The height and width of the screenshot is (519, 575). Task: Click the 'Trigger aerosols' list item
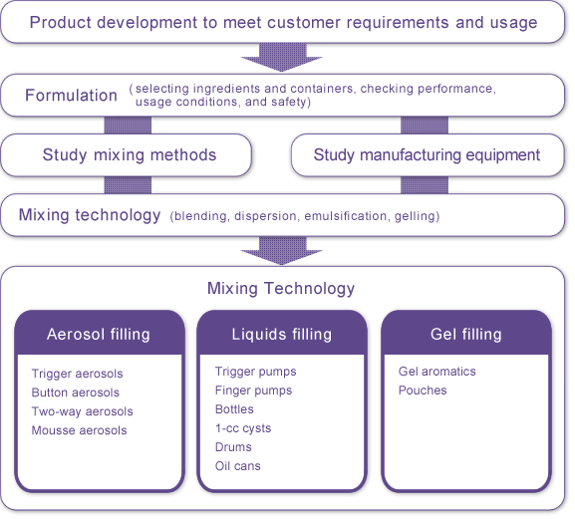(77, 374)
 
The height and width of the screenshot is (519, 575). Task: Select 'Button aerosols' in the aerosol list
(75, 392)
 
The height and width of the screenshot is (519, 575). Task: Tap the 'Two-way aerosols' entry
(82, 411)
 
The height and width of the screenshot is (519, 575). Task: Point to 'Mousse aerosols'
(79, 430)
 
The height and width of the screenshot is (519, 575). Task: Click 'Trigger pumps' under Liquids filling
(255, 372)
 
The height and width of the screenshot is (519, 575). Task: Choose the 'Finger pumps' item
(253, 390)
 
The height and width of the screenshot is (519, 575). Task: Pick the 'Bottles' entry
(234, 409)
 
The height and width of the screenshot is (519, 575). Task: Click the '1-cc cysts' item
(243, 428)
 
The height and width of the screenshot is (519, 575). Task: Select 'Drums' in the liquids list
(233, 447)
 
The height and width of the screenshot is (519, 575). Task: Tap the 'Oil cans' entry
(237, 466)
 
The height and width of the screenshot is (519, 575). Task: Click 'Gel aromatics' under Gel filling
(437, 372)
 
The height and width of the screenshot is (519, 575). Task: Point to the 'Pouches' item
(423, 390)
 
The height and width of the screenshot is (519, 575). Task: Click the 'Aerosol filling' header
(99, 335)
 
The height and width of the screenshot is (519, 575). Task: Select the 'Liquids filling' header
(282, 335)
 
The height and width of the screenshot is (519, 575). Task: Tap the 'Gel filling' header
(466, 335)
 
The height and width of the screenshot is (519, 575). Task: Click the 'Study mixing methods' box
(127, 155)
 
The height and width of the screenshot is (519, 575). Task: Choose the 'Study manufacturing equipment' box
(428, 155)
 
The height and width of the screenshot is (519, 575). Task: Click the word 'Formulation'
(71, 96)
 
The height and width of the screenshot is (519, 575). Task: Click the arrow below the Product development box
(282, 57)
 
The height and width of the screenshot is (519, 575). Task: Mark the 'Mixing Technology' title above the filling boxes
(281, 289)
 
